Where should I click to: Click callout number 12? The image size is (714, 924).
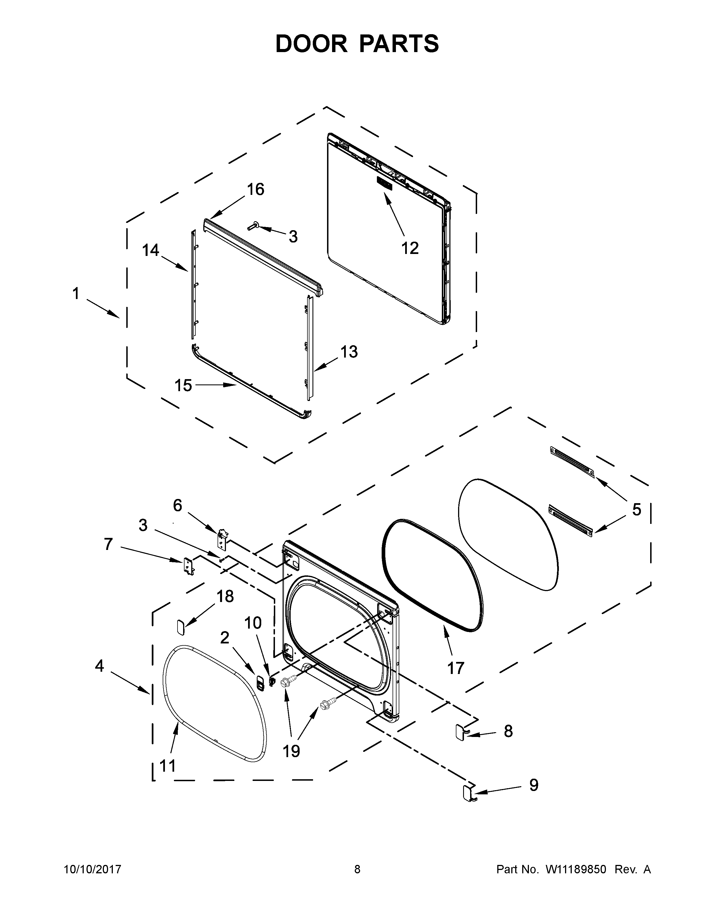pos(409,248)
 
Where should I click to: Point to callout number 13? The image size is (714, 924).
pos(349,352)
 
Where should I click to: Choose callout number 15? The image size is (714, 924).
pos(183,386)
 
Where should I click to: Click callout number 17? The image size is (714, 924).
pos(456,668)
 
